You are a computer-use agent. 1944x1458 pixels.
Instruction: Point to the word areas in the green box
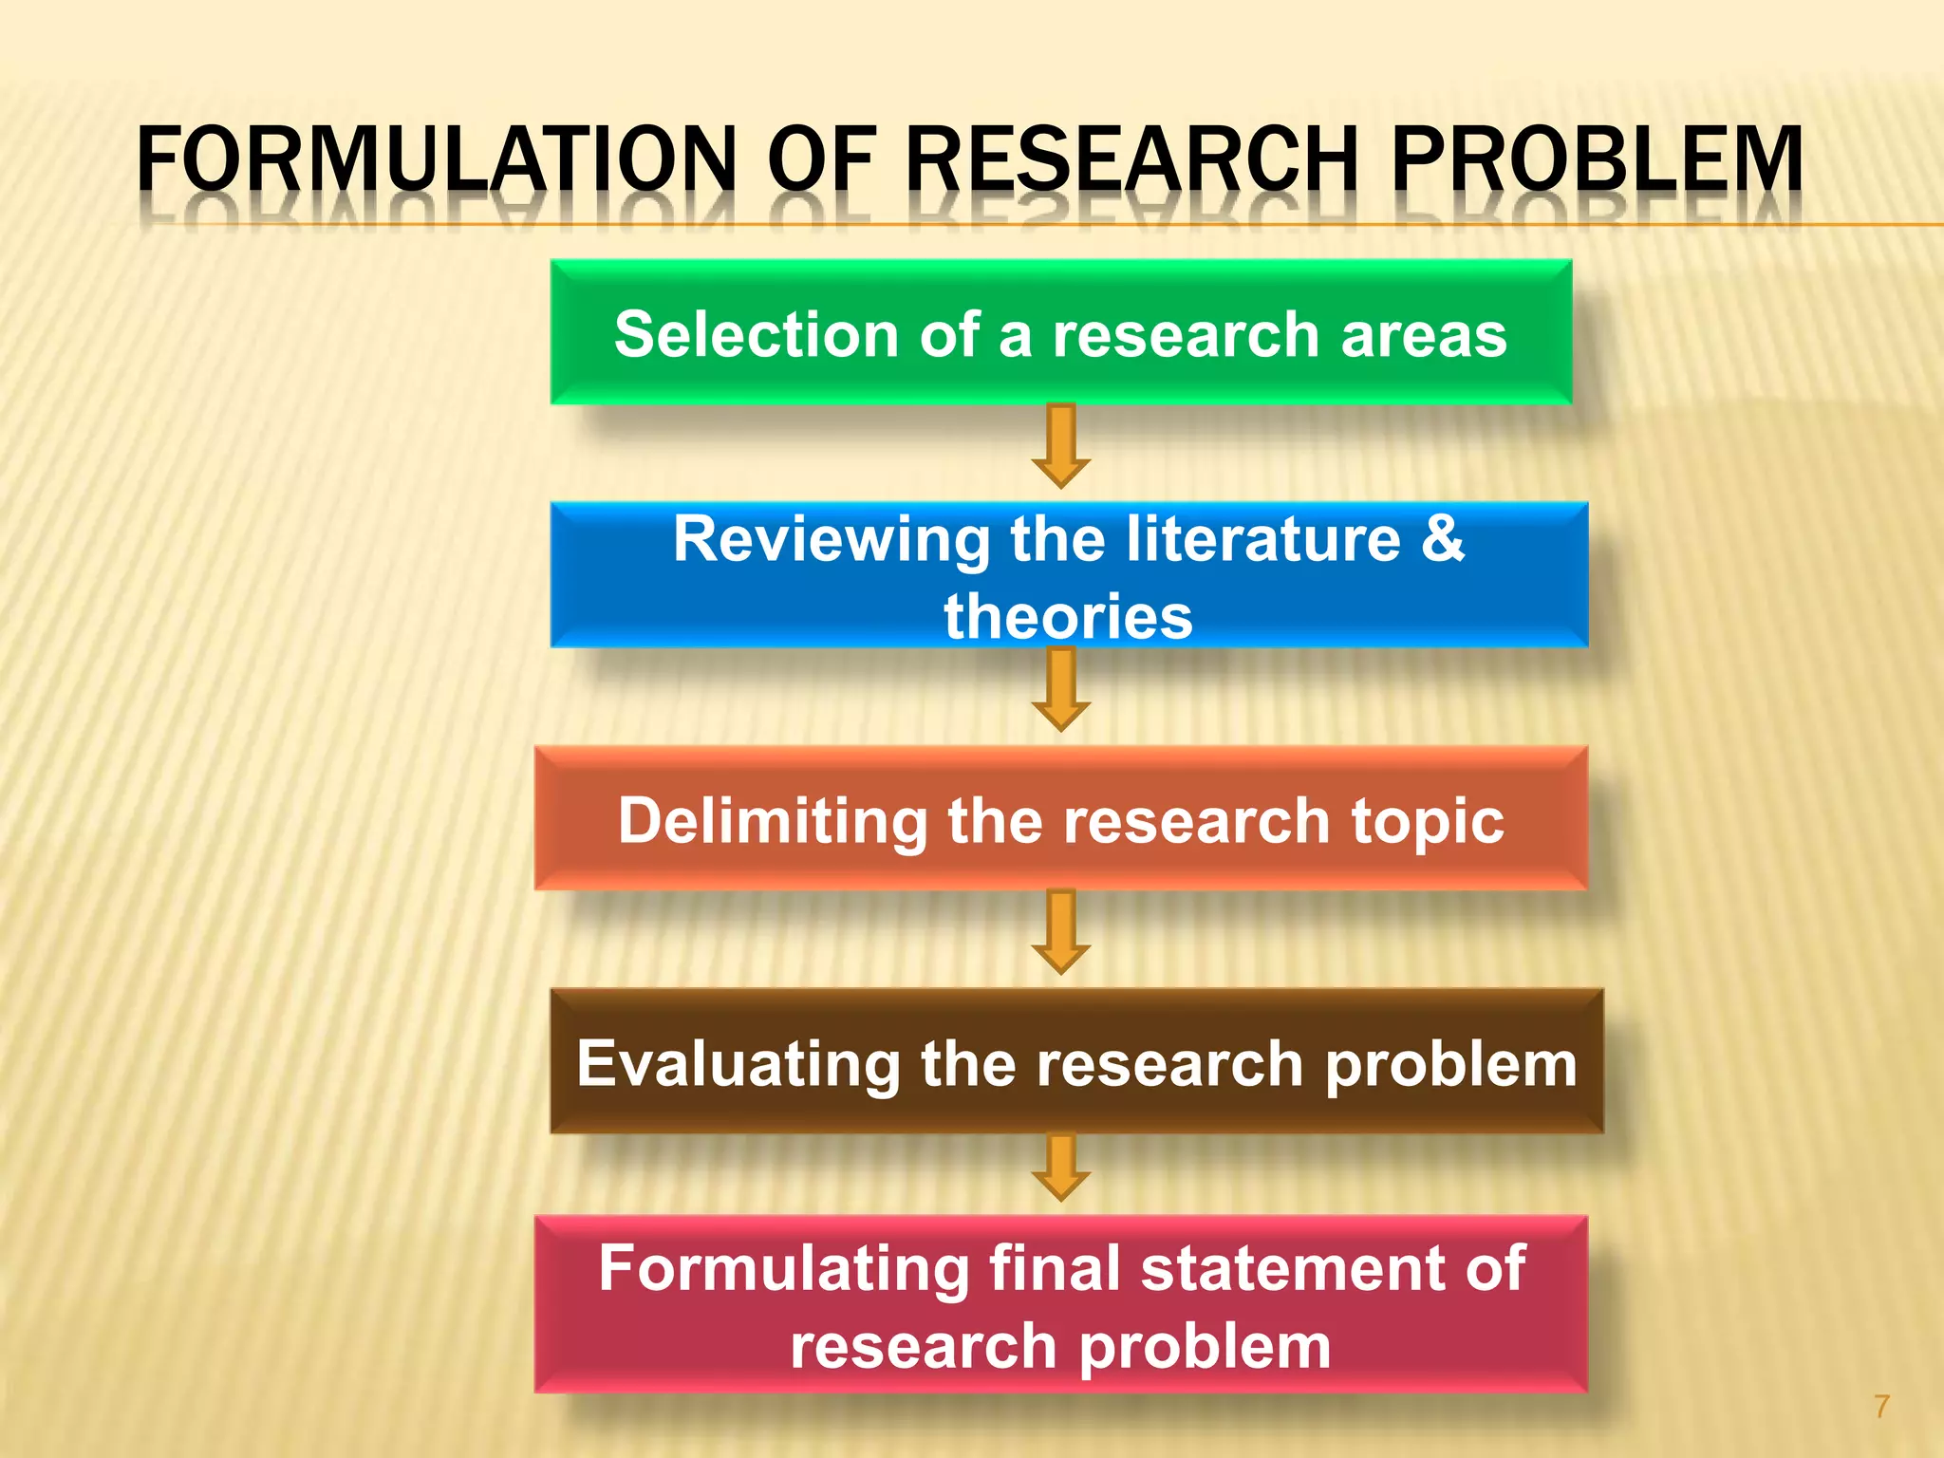click(x=1424, y=335)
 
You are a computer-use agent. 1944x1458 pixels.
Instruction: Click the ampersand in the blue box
click(x=1443, y=537)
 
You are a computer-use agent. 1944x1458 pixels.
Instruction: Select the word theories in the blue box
click(x=1068, y=617)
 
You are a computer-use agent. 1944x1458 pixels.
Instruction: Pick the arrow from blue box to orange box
click(x=1061, y=689)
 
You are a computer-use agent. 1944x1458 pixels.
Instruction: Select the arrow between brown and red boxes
click(x=1061, y=1168)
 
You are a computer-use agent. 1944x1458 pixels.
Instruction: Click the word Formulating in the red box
click(x=782, y=1269)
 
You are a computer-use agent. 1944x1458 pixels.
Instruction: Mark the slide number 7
click(x=1881, y=1406)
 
